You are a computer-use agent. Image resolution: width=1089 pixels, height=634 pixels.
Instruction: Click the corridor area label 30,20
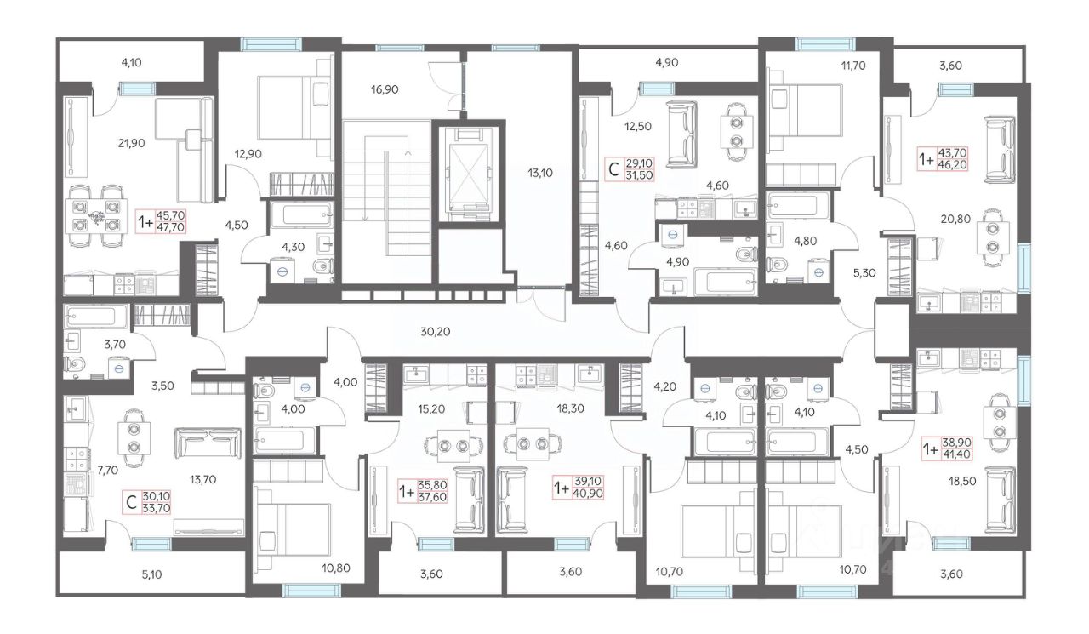point(435,332)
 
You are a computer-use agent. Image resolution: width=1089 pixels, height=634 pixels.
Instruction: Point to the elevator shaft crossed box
point(468,173)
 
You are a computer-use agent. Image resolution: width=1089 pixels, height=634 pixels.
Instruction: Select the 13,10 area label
point(540,173)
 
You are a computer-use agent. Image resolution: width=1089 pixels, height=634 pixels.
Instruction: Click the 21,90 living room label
point(131,144)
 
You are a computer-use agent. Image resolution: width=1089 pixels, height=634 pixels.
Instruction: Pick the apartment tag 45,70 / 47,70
point(161,221)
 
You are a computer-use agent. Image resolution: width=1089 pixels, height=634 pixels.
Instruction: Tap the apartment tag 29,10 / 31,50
point(630,168)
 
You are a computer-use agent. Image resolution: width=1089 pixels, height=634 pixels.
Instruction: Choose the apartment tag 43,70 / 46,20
point(943,159)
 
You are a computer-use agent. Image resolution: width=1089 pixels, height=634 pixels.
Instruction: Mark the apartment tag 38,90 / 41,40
point(947,448)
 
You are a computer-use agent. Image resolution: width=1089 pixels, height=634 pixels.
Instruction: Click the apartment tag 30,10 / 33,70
point(146,502)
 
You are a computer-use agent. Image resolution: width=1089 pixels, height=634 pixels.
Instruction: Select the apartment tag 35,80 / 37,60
point(423,490)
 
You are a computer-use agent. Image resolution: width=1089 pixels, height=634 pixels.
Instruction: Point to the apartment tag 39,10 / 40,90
point(579,487)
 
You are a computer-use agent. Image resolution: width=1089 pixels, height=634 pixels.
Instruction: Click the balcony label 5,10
point(151,574)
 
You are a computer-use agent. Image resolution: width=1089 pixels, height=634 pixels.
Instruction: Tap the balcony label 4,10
point(131,62)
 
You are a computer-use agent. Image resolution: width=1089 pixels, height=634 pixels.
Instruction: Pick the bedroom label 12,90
point(248,154)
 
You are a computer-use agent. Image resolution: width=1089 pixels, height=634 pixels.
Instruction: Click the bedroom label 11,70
point(853,66)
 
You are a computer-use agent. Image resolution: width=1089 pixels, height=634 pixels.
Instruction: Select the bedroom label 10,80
point(336,568)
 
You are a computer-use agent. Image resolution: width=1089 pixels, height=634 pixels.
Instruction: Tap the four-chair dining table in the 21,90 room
point(96,216)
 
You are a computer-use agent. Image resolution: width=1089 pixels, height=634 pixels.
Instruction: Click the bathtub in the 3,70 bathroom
point(96,316)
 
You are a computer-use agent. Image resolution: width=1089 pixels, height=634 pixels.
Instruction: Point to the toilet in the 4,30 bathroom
point(322,266)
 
